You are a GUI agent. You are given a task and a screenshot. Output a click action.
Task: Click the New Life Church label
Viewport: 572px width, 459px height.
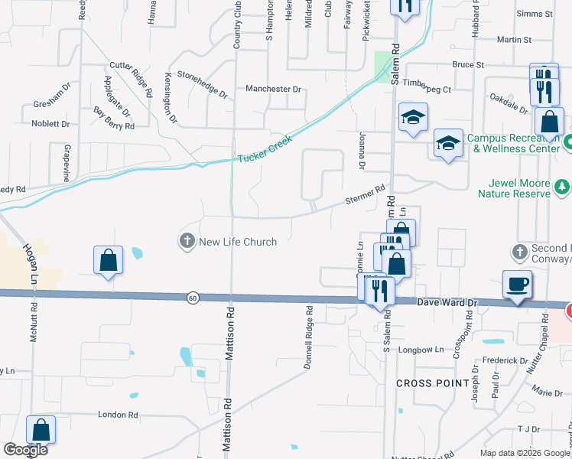pos(238,242)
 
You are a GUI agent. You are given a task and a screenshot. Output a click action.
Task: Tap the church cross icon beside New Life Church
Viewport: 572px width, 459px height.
pos(186,242)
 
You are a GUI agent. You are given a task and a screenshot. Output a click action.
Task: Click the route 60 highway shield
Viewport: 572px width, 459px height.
pos(193,297)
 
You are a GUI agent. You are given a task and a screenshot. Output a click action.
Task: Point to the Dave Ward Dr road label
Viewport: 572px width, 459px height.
pos(447,304)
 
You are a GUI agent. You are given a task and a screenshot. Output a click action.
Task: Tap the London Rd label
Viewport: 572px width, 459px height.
pos(118,415)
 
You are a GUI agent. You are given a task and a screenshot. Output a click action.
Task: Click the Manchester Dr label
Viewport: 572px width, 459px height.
pos(274,90)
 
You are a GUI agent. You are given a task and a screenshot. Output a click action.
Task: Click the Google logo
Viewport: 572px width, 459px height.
pos(25,450)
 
